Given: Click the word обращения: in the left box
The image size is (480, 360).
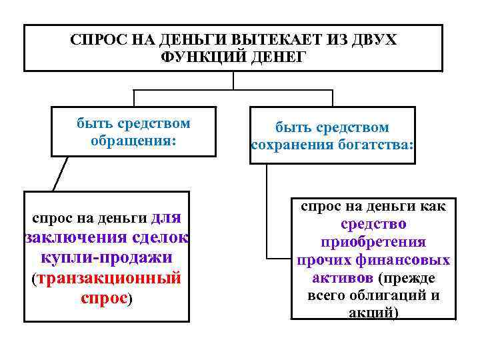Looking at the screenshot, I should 133,141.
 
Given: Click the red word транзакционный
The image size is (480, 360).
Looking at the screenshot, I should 110,277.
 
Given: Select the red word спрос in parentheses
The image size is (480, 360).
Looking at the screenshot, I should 103,297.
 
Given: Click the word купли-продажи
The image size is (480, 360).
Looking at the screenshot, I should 107,257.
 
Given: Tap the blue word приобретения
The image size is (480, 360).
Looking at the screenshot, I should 373,242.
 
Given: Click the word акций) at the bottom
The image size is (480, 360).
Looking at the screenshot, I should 373,313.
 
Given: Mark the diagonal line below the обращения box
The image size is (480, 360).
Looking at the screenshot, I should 60,174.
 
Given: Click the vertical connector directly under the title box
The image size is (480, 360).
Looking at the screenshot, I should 233,80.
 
